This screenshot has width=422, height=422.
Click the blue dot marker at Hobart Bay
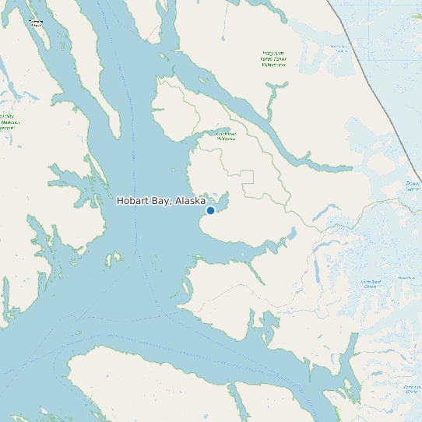[x=210, y=210]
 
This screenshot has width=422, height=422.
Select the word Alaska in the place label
[x=191, y=201]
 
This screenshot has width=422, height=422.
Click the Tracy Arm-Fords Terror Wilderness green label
[x=273, y=59]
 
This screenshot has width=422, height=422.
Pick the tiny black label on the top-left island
[x=36, y=23]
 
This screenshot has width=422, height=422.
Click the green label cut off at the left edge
[x=9, y=121]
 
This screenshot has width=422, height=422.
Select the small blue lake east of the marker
[x=291, y=234]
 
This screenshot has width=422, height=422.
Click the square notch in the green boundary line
[x=248, y=177]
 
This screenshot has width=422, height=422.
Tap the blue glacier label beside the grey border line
[x=340, y=48]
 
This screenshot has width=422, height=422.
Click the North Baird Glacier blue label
[x=369, y=284]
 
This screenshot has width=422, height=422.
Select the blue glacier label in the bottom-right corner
[x=411, y=389]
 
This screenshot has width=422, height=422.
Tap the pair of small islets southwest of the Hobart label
[x=115, y=257]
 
